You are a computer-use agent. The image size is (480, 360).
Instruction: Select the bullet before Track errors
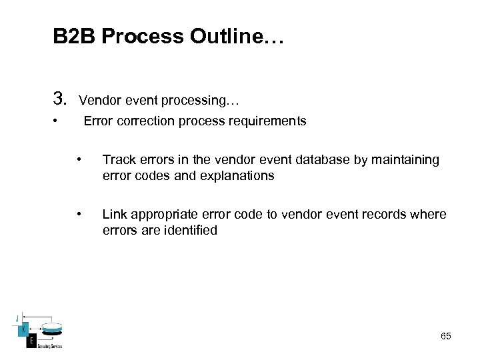[79, 159]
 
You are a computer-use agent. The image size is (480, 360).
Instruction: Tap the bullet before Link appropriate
[79, 214]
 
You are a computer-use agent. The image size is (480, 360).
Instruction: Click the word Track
[118, 160]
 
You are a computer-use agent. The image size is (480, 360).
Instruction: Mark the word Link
[114, 215]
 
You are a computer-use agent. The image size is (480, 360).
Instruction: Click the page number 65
[445, 337]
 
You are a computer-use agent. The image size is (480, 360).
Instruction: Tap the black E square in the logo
[31, 341]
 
